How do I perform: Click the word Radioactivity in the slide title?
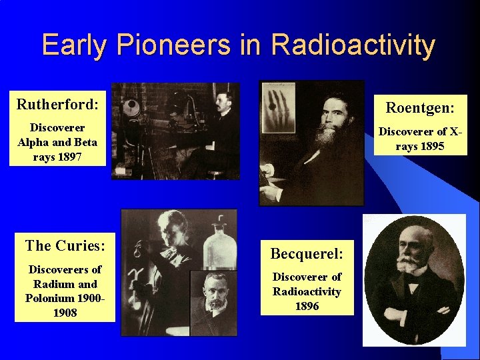coord(353,45)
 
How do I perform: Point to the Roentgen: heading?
coord(420,109)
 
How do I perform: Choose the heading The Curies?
coord(65,245)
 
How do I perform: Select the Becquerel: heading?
coord(307,253)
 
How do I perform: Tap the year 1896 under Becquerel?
coord(307,306)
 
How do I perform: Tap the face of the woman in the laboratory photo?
coord(165,229)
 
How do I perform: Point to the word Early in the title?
coord(75,45)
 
